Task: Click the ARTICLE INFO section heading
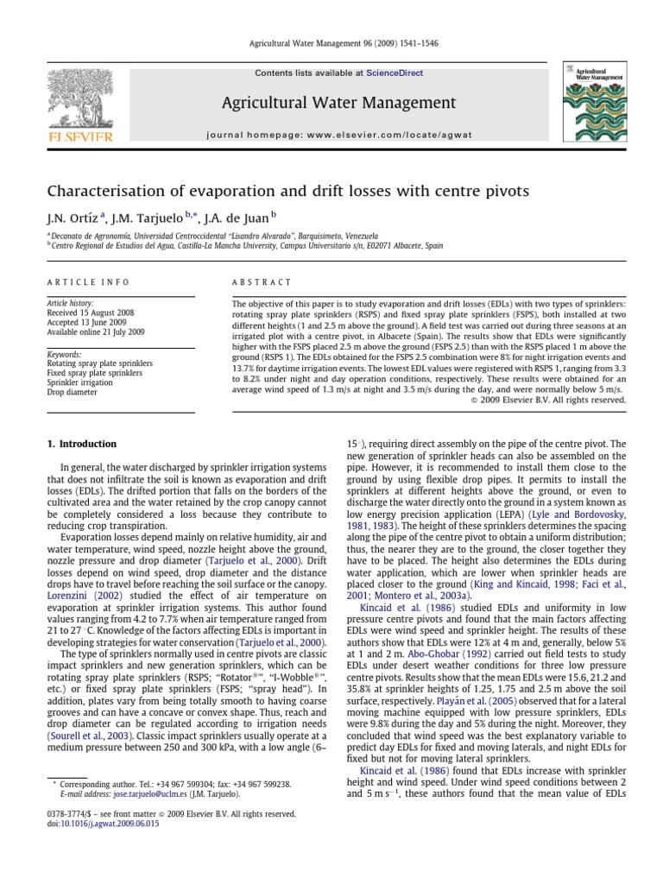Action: click(x=88, y=282)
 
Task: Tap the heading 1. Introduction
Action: click(x=81, y=444)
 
